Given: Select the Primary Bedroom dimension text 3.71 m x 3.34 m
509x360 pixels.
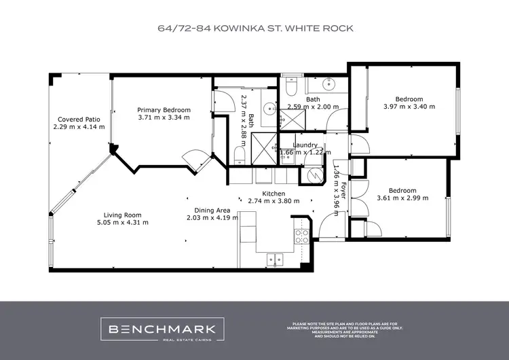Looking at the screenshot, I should click(x=164, y=118).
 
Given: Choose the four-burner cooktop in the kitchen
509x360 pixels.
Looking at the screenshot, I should click(x=301, y=236).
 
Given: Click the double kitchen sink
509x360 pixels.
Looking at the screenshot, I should click(x=275, y=257).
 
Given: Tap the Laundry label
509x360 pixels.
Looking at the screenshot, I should click(x=305, y=145).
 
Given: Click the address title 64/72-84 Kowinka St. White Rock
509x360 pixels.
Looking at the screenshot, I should click(x=254, y=29).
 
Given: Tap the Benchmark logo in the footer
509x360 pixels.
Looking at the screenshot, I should click(x=163, y=329).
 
